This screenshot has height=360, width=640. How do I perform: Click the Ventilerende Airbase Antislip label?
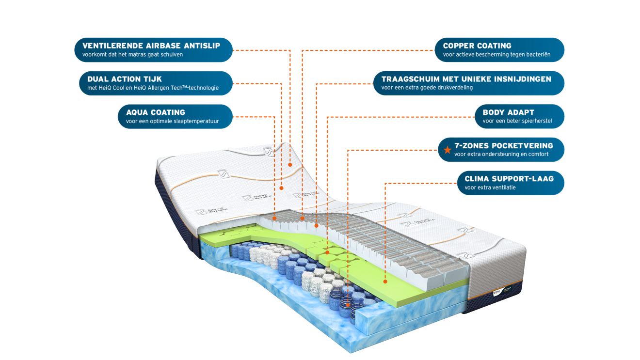pos(153,50)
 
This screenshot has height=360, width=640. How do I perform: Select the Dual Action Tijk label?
pos(156,83)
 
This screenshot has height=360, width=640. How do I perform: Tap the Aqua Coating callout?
pos(175,116)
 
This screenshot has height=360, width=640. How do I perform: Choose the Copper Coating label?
pos(499,50)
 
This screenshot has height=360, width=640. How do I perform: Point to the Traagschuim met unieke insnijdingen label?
pos(469,83)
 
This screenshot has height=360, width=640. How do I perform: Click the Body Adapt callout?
pos(519,116)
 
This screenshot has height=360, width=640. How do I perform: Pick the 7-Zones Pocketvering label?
pos(501,150)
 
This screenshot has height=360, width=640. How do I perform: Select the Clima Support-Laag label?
pos(511,183)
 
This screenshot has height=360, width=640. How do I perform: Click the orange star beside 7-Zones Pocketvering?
pos(447,150)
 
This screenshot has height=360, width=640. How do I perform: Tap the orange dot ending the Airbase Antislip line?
pos(290,165)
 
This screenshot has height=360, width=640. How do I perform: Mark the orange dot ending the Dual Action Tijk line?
pos(281,188)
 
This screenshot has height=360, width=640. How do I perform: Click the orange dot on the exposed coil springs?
pos(348,305)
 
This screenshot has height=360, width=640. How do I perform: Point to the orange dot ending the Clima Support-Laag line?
pos(385,282)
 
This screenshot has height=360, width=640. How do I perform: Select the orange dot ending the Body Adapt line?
pos(327,252)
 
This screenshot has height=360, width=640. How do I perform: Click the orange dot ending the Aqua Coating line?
pos(274,219)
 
